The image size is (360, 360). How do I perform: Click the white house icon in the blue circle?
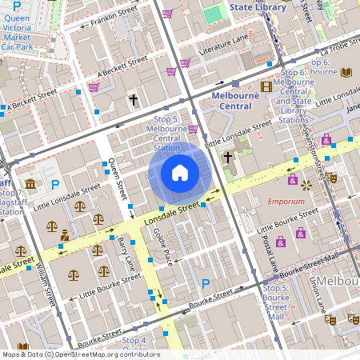[179, 172]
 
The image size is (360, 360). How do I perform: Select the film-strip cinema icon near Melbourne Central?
[266, 86]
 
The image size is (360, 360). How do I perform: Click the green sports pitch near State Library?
[214, 15]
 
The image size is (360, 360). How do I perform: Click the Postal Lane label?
[269, 252]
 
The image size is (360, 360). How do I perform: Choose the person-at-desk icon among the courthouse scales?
[64, 236]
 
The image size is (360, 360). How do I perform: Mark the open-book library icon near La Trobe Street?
[346, 73]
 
